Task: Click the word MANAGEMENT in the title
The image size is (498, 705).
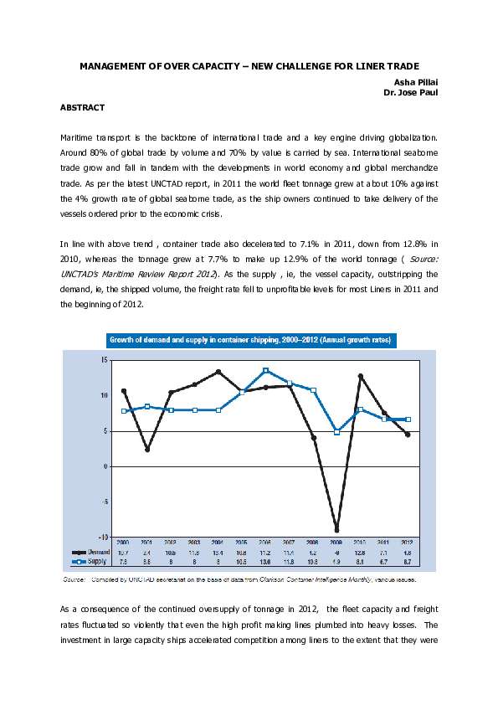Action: point(115,64)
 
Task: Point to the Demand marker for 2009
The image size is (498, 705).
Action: point(336,530)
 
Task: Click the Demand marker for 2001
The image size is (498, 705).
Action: point(146,450)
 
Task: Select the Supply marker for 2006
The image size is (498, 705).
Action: point(265,370)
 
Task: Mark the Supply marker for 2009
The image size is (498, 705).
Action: point(336,432)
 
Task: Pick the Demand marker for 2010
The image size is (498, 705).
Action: point(360,376)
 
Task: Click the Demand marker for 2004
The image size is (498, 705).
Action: point(218,371)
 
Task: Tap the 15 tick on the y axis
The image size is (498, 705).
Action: point(103,359)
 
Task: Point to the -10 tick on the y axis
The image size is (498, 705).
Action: point(101,537)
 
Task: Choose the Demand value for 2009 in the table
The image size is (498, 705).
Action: point(336,553)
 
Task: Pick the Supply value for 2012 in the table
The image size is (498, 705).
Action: point(408,562)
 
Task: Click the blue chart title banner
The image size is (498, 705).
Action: point(249,339)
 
